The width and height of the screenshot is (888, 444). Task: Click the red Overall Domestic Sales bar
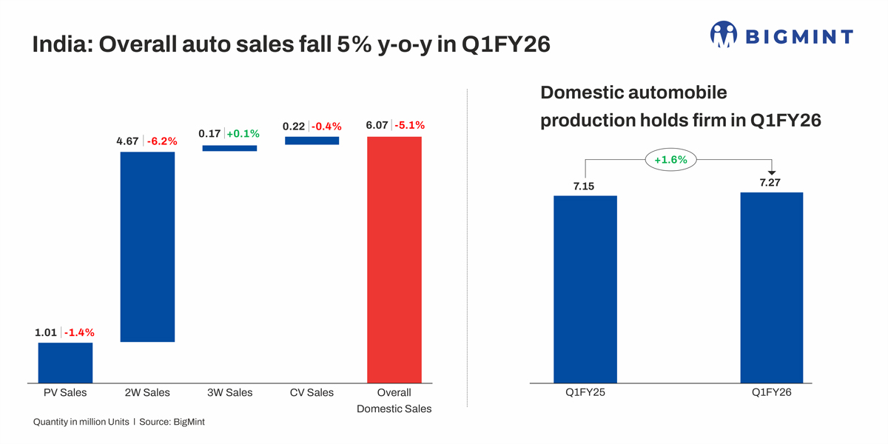pos(394,259)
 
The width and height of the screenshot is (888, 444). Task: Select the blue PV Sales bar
pos(65,362)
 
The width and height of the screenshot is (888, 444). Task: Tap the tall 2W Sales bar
pos(147,246)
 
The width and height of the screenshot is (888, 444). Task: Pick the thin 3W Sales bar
pos(229,148)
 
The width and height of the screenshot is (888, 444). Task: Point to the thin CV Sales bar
pos(312,140)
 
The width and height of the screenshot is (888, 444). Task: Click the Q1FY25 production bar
pos(585,289)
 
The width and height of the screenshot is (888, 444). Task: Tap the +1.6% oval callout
pos(671,159)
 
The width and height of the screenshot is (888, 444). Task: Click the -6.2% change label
pos(163,141)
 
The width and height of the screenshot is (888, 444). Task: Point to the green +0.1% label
pos(243,134)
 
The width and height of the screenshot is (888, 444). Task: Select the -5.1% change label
pos(410,125)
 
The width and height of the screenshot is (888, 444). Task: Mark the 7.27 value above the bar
pos(770,182)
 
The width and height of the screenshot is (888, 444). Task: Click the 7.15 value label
pos(584,186)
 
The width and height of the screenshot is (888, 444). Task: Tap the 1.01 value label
pos(46,332)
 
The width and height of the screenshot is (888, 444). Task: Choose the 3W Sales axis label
pos(229,392)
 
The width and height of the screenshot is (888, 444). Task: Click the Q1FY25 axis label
pos(585,393)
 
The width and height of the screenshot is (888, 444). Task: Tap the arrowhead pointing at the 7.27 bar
pos(772,173)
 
